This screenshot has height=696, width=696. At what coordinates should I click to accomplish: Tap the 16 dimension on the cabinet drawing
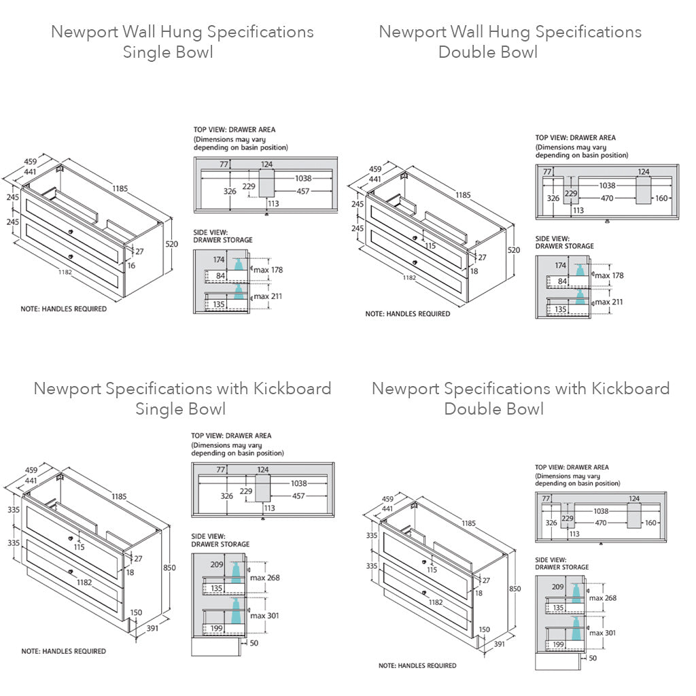click(131, 265)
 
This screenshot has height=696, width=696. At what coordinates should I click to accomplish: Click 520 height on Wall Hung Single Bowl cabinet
click(172, 243)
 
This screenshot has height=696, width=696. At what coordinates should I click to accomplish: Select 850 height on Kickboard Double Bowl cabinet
click(515, 589)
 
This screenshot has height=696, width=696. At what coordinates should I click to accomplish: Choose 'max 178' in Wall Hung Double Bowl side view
click(608, 275)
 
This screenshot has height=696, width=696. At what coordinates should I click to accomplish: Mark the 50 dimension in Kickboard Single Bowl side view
click(254, 642)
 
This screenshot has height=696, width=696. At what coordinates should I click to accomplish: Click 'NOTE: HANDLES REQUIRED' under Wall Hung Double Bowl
click(407, 314)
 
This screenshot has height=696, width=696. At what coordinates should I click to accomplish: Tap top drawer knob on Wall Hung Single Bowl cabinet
click(69, 232)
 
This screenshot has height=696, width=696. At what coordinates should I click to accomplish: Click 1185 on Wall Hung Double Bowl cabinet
click(462, 195)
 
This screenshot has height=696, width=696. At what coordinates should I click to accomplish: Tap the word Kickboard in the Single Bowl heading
click(292, 389)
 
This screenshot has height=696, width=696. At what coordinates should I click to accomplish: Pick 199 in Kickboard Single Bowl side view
click(217, 628)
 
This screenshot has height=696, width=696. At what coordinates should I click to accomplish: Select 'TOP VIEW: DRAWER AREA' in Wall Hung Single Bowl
click(234, 129)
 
